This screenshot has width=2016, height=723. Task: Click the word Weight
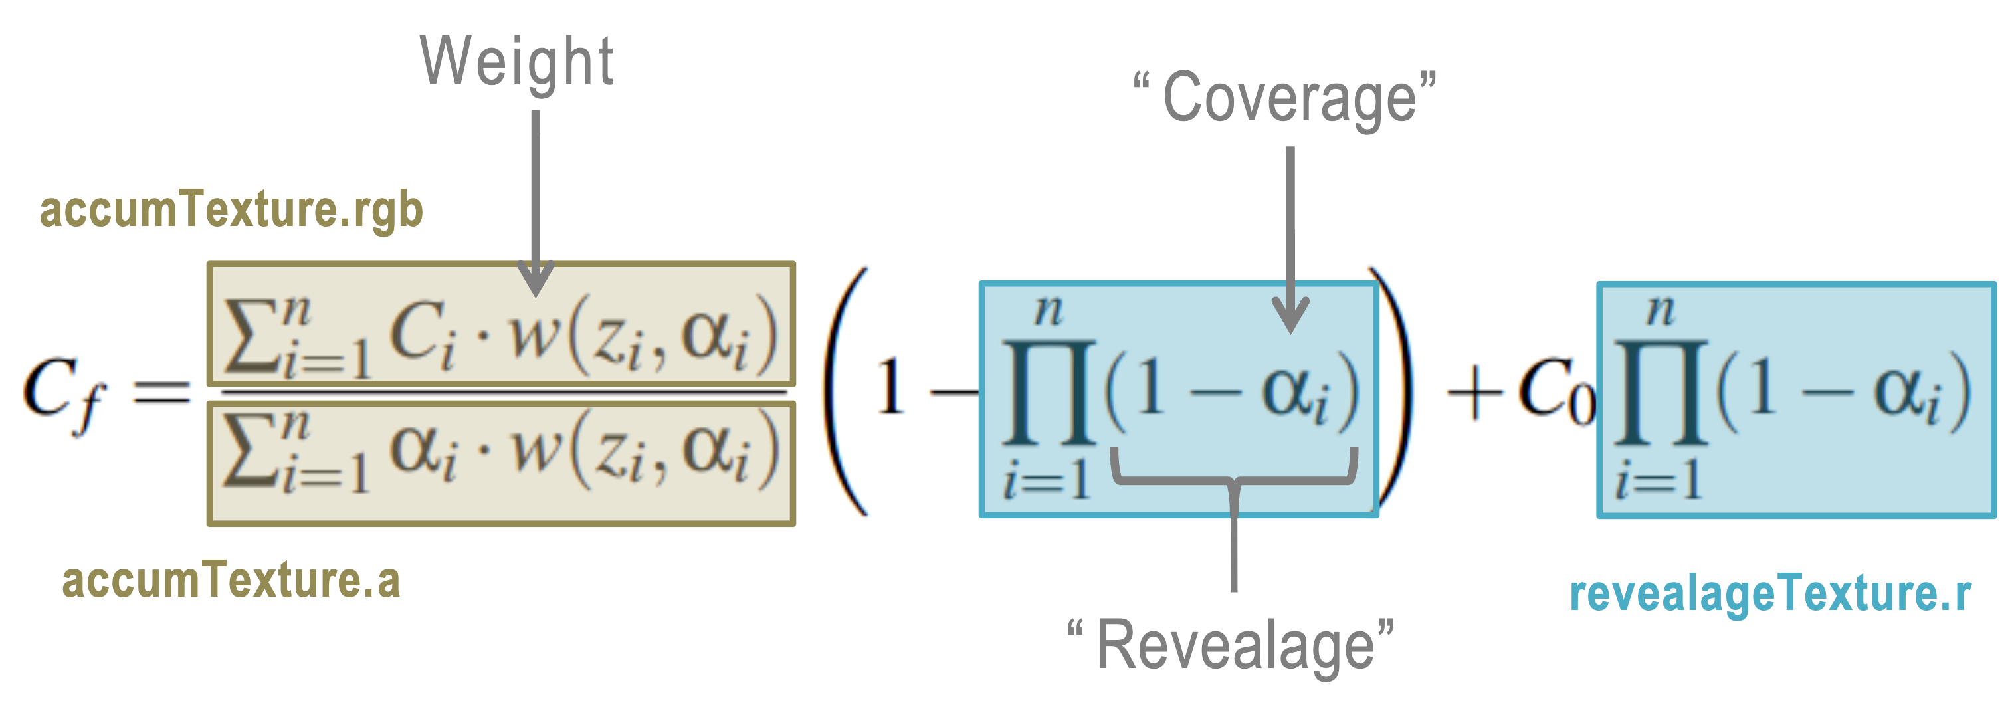(x=516, y=62)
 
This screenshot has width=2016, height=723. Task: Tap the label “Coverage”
(x=1285, y=98)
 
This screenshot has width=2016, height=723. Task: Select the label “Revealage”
(x=1231, y=645)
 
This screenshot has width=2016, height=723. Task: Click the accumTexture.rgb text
(x=231, y=210)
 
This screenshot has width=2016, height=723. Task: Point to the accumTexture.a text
(x=231, y=581)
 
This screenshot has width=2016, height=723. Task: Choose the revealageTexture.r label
(x=1770, y=595)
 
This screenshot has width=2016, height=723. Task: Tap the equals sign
(x=162, y=391)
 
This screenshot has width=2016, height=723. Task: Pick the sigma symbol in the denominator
(x=251, y=449)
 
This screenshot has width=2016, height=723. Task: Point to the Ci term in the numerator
(x=423, y=336)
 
